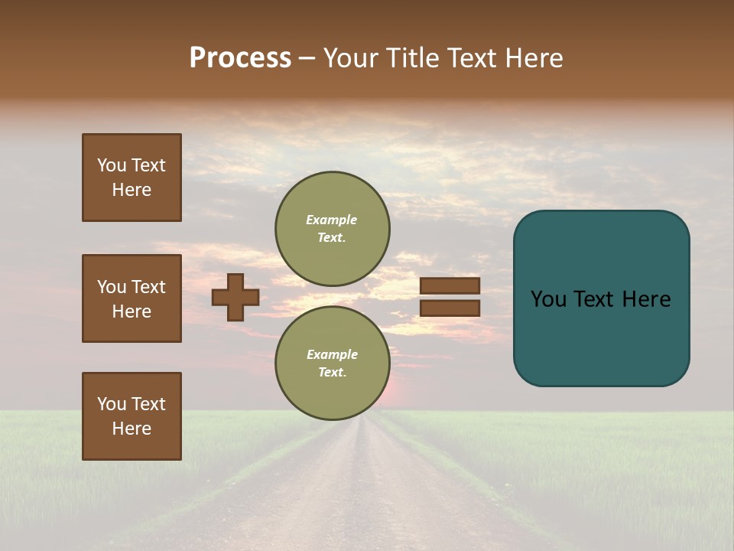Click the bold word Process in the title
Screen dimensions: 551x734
coord(240,58)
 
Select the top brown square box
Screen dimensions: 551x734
coord(132,178)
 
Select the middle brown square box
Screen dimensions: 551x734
coord(132,298)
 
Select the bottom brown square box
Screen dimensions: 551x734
coord(132,416)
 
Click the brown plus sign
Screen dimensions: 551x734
coord(235,297)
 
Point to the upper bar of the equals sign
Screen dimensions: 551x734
coord(450,285)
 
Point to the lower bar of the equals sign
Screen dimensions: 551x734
coord(450,308)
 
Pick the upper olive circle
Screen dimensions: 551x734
coord(333,228)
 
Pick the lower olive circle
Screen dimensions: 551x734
coord(333,363)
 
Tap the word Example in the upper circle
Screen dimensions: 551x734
coord(332,220)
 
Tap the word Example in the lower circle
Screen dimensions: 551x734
coord(332,354)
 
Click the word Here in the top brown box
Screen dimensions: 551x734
coord(132,190)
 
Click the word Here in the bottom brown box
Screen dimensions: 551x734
coord(132,429)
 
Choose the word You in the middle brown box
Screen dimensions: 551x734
coord(112,287)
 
